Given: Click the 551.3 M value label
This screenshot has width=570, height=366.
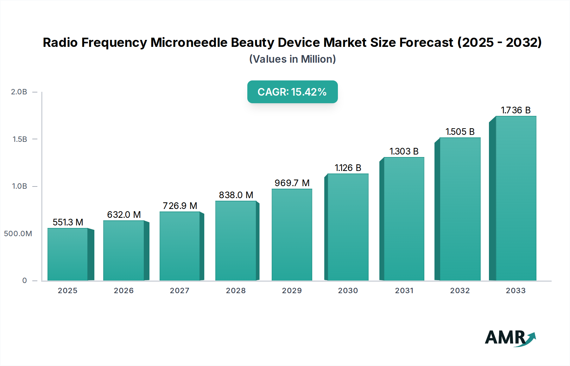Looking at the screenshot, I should point(68,222).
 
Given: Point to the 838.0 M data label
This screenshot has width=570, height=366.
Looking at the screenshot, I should point(236,195).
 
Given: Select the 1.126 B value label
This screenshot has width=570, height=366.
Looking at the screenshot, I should point(348,168).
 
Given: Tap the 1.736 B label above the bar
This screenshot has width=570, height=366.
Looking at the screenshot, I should point(516,110).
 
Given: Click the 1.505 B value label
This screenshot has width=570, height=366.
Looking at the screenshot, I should point(460,132).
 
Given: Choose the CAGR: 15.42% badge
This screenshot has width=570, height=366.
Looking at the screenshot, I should point(292,92).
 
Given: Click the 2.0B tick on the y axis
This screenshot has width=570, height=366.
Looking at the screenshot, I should point(19,92).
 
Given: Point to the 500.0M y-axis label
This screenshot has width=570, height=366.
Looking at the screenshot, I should point(18,234).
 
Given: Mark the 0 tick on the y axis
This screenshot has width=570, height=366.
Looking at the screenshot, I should point(24,281).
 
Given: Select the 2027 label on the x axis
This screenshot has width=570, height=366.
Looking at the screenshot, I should point(180,291).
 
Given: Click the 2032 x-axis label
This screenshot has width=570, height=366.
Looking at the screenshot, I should point(460,291).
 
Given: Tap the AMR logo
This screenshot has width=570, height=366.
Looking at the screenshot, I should point(510,338).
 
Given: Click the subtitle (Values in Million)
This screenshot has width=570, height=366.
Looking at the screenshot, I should point(292,59).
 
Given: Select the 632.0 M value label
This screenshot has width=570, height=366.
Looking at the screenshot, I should point(124,215).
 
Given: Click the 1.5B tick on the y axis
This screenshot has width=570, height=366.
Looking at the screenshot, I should point(20,139).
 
